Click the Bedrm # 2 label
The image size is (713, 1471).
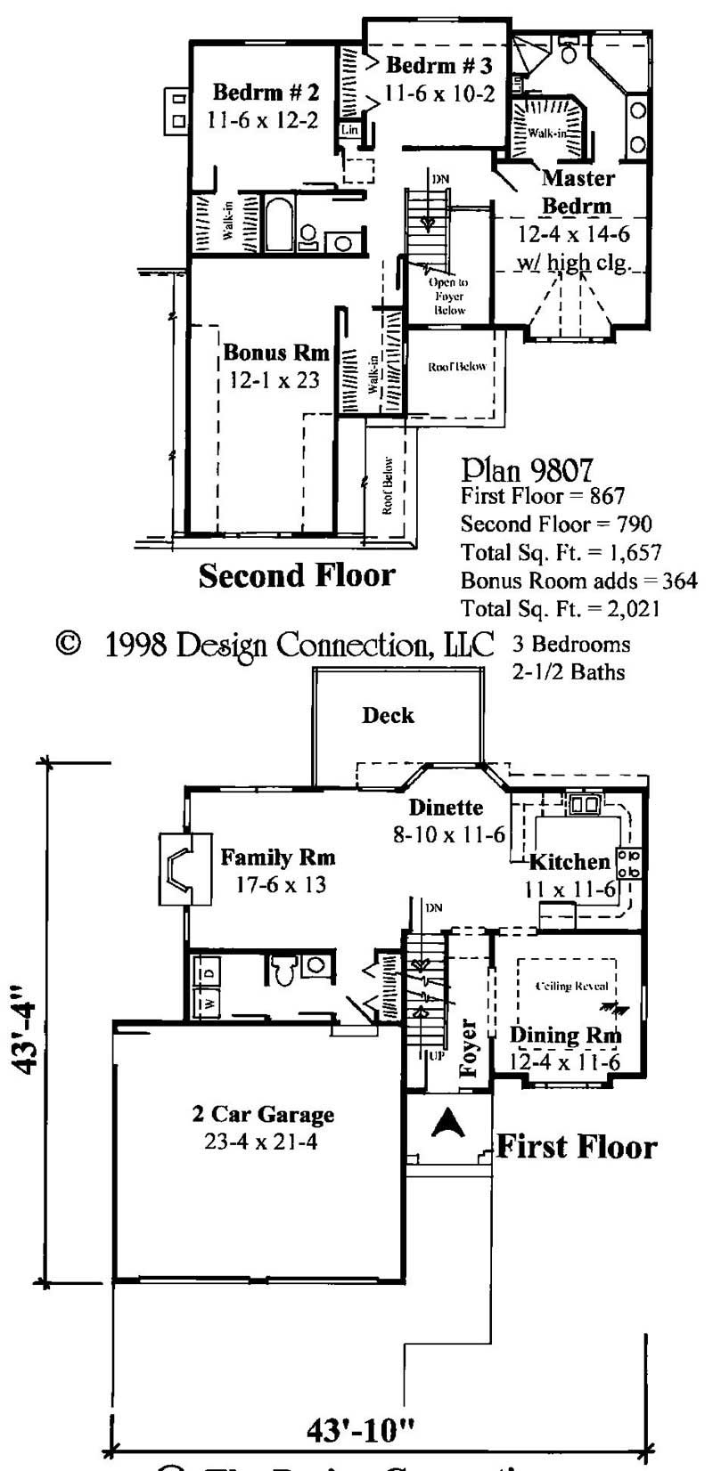265,93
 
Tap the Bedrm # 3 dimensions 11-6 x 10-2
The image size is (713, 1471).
439,93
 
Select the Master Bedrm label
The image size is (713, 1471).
578,191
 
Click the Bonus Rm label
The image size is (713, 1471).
276,352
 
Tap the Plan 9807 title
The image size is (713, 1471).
528,469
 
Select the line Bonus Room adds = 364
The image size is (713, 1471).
578,581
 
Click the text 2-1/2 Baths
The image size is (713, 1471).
569,671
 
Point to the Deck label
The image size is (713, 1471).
388,715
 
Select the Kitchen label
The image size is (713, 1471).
570,861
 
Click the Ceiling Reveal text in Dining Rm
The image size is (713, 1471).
571,986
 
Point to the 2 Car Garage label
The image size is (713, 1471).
263,1114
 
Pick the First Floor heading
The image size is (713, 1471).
576,1146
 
